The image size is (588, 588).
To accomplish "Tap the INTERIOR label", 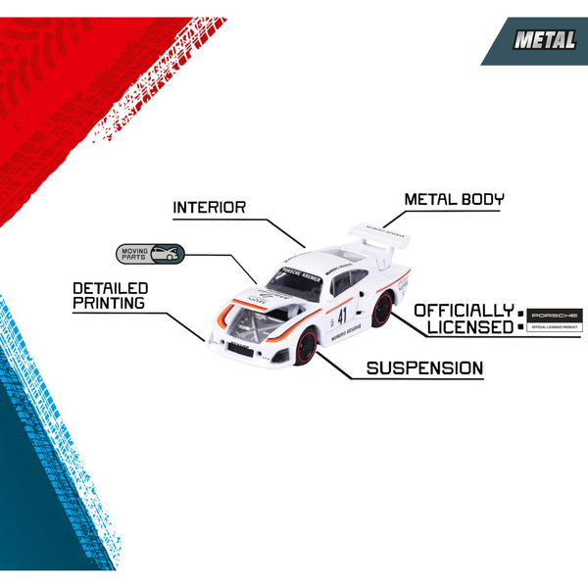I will (209, 208).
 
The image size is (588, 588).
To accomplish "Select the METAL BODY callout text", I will (455, 200).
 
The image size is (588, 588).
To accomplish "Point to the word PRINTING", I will (109, 304).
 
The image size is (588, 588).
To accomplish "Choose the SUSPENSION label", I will (424, 368).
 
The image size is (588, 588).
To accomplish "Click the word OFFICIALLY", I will (464, 311).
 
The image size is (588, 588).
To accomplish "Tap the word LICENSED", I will (464, 327).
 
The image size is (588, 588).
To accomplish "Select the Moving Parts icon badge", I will (149, 254).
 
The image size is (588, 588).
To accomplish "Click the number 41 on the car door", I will (342, 316).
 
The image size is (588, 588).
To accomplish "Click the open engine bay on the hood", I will (252, 318).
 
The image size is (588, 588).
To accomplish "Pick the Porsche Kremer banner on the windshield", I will (300, 266).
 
